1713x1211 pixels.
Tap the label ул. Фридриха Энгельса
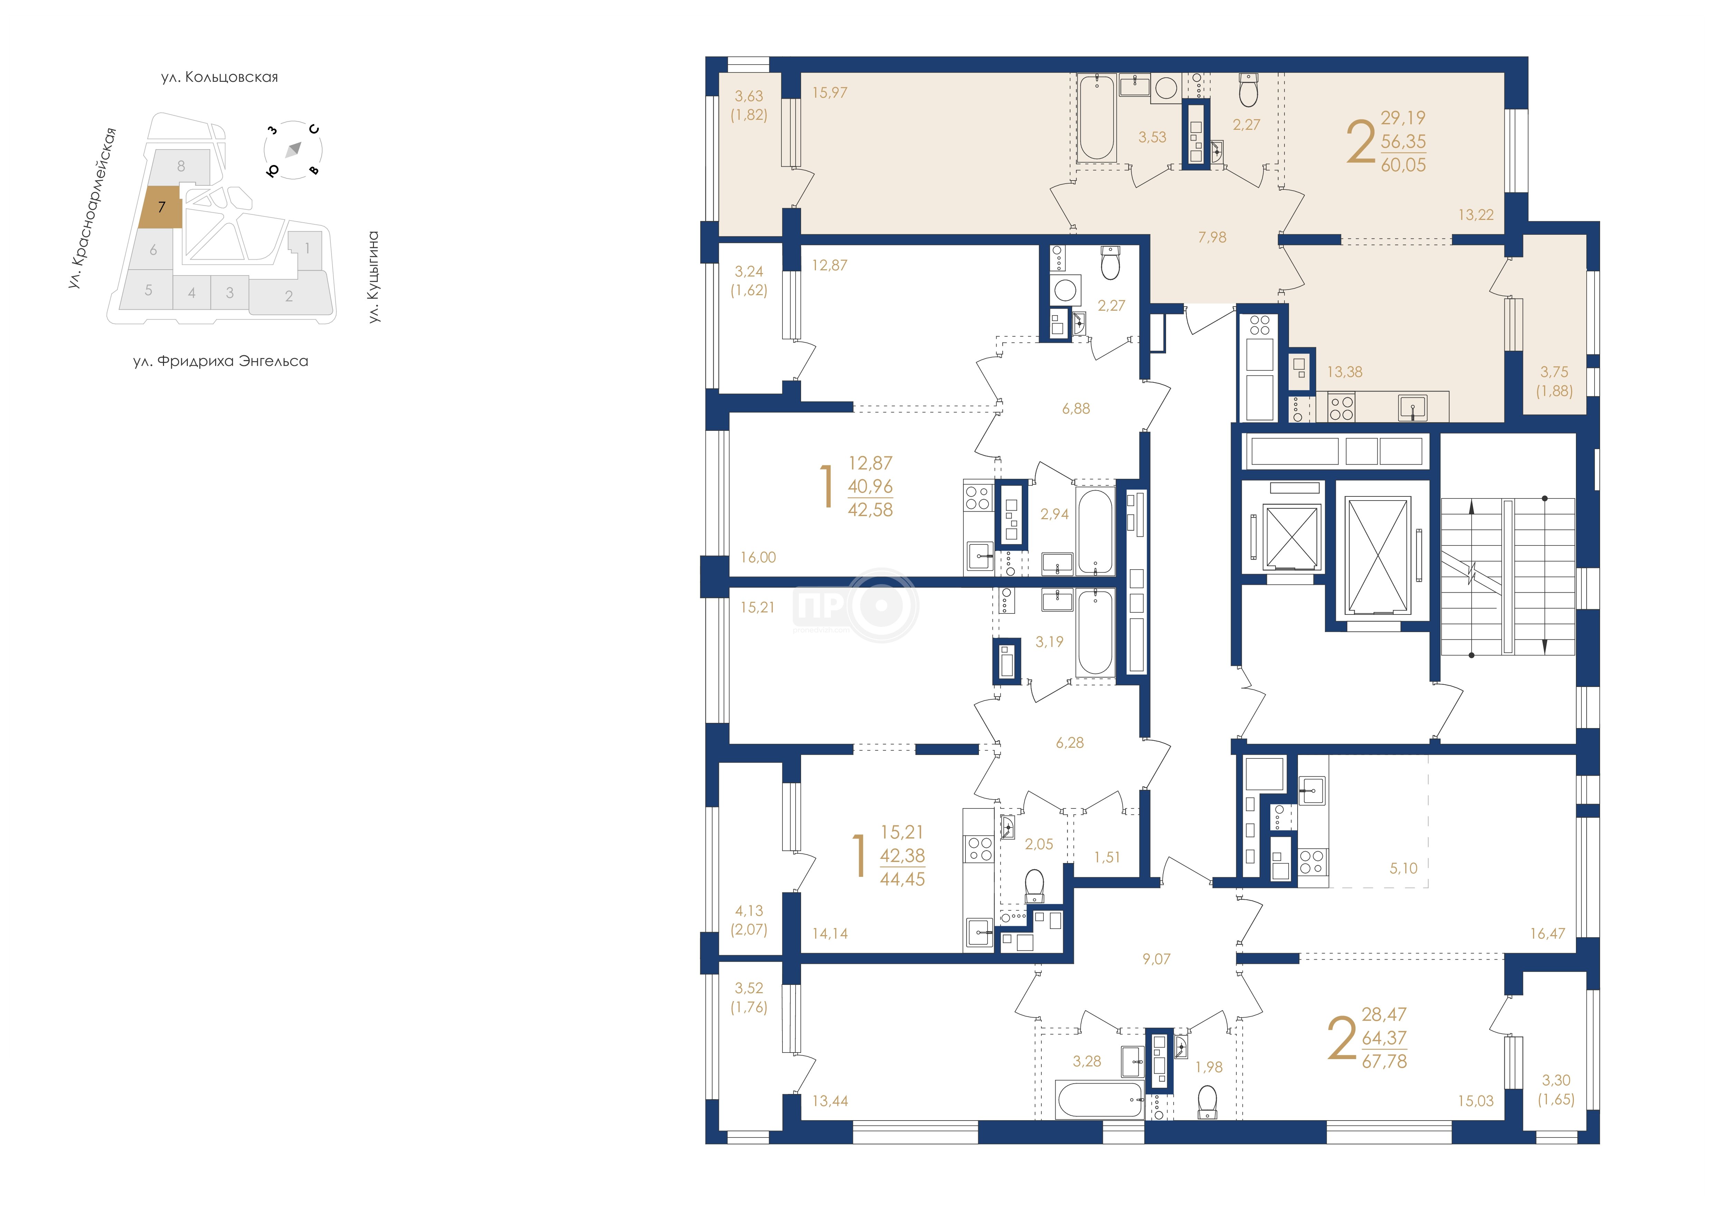221,362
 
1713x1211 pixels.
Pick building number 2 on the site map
289,296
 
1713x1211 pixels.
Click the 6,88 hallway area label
1076,409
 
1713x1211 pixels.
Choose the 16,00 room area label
758,557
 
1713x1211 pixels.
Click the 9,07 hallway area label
1156,959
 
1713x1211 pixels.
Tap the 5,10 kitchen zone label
1403,868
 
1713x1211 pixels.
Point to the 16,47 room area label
1547,933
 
